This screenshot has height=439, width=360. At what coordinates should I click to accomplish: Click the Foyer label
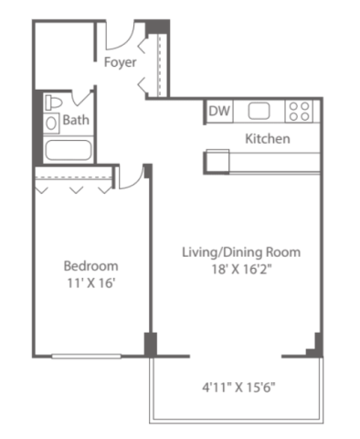pyautogui.click(x=120, y=62)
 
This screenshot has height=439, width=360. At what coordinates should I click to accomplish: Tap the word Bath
pyautogui.click(x=76, y=120)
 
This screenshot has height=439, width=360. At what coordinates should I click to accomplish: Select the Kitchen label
pyautogui.click(x=268, y=139)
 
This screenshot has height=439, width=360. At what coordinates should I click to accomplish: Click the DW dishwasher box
pyautogui.click(x=219, y=111)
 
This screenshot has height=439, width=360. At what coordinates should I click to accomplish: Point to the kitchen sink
pyautogui.click(x=259, y=111)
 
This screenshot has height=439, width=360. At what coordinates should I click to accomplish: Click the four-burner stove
pyautogui.click(x=299, y=112)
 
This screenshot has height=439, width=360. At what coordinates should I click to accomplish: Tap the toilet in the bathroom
pyautogui.click(x=53, y=102)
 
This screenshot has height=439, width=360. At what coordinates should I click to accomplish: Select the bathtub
pyautogui.click(x=69, y=150)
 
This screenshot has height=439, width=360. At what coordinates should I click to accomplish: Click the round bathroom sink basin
pyautogui.click(x=51, y=123)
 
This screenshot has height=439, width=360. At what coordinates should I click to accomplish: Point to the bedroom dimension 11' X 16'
pyautogui.click(x=90, y=284)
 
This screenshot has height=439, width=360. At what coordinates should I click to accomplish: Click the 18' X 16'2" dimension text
pyautogui.click(x=241, y=269)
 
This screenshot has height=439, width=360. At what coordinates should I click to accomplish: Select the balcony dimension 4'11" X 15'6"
pyautogui.click(x=238, y=388)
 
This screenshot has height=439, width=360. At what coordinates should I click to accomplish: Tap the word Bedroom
pyautogui.click(x=90, y=266)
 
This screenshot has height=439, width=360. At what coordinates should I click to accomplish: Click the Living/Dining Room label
pyautogui.click(x=241, y=252)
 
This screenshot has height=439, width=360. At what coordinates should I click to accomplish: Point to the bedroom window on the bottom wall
pyautogui.click(x=87, y=356)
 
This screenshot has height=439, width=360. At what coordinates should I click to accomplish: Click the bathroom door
pyautogui.click(x=81, y=98)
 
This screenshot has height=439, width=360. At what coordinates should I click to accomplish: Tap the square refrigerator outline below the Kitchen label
pyautogui.click(x=217, y=162)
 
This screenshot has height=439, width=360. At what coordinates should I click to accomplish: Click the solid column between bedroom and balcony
pyautogui.click(x=151, y=345)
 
